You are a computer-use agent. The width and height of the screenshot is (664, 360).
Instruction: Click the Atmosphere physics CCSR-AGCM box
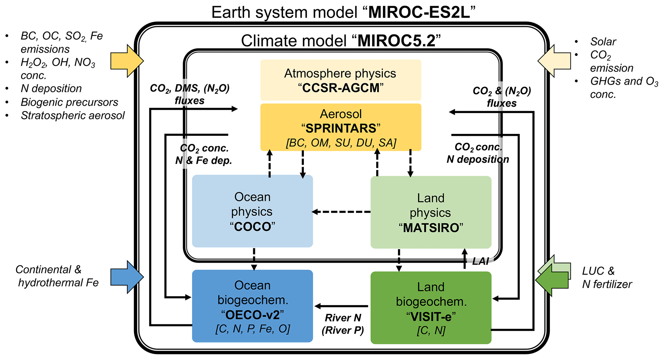[x=341, y=80]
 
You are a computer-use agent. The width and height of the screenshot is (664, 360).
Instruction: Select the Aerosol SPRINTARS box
[x=341, y=127]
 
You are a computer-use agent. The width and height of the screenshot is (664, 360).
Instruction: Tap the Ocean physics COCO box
[x=252, y=211]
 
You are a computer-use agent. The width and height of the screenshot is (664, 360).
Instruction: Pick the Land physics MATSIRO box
[x=430, y=212]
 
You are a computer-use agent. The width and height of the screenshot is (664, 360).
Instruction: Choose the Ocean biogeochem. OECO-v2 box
[x=252, y=306]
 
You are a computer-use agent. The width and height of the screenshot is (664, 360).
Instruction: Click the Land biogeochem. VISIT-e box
[x=430, y=307]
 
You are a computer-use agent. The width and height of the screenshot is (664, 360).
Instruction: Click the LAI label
[x=481, y=261]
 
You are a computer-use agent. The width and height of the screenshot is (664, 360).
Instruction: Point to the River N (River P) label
[x=343, y=324]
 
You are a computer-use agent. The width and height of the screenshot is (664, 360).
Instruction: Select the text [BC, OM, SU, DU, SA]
[x=341, y=143]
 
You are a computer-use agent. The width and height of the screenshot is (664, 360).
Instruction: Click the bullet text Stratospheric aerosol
[x=73, y=115]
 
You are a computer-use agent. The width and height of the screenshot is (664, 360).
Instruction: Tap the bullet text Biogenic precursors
[x=69, y=102]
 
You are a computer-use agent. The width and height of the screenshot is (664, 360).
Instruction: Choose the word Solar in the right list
[x=603, y=41]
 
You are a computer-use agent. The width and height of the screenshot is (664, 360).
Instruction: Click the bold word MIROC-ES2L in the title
[x=421, y=13]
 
